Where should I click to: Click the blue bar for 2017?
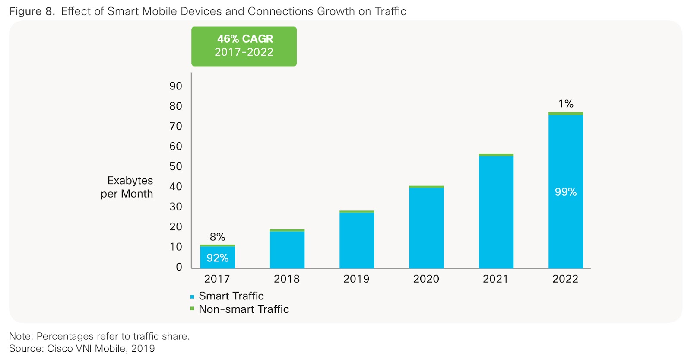(x=217, y=258)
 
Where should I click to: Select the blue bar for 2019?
(x=357, y=240)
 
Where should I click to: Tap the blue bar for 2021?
(x=496, y=212)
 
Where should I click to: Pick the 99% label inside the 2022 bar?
(x=566, y=192)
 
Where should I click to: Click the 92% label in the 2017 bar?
(x=217, y=258)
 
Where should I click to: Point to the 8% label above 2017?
(x=217, y=237)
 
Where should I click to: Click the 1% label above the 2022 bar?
(x=566, y=104)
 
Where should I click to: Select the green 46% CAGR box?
(x=244, y=46)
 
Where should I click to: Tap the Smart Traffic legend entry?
(x=231, y=296)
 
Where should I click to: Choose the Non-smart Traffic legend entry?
(x=243, y=309)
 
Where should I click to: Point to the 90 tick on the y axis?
(x=176, y=86)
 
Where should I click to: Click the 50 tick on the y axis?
(x=176, y=166)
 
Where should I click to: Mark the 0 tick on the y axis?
(x=179, y=267)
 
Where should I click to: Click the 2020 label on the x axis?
(x=426, y=279)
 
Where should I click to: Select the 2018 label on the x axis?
(x=287, y=279)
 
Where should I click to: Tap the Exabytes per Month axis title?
(x=127, y=187)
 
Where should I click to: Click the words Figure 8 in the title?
(x=32, y=11)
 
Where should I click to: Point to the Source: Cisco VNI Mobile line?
(x=82, y=349)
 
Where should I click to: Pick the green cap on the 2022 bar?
(x=566, y=114)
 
